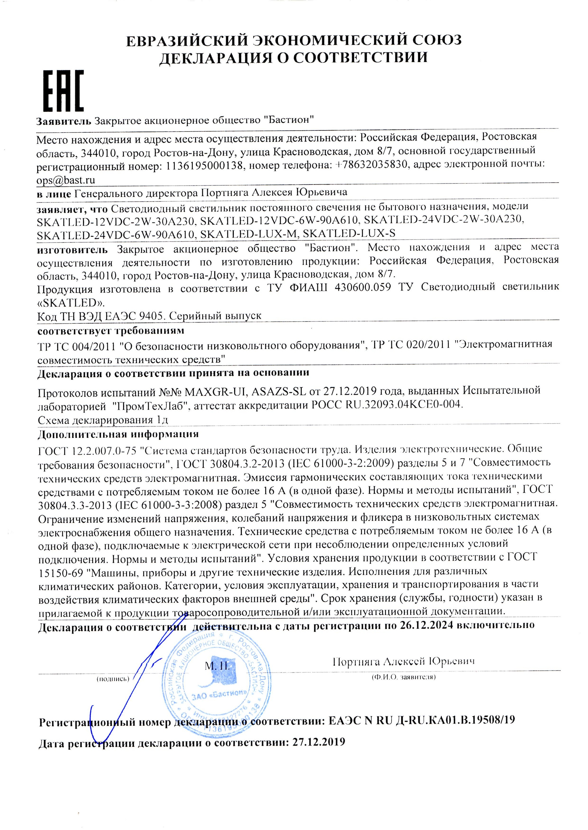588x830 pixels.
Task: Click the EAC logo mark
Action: coord(63,91)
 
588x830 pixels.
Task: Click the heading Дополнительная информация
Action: coord(118,434)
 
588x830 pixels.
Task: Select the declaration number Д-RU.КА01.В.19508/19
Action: coord(454,720)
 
